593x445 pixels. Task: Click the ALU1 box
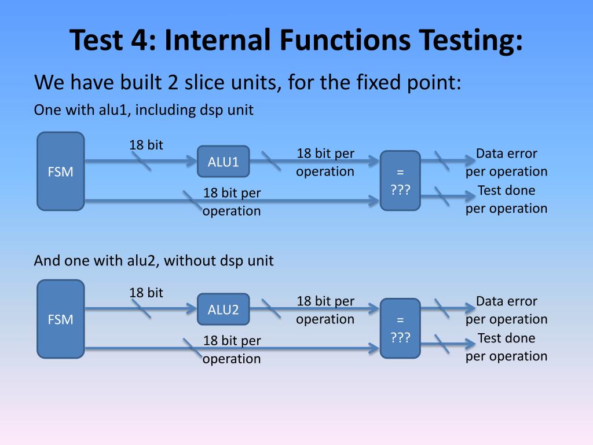pos(223,162)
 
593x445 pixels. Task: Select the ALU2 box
pos(223,309)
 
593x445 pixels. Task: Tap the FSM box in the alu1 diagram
pos(60,172)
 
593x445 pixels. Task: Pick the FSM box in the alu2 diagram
pos(60,319)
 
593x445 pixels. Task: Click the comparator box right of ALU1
pos(400,180)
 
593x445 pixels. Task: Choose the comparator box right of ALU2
pos(400,328)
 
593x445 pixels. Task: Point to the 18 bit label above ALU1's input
pos(146,145)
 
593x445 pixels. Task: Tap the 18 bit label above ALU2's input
pos(146,293)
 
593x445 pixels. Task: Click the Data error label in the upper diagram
pos(506,154)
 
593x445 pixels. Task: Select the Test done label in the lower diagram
pos(506,338)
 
